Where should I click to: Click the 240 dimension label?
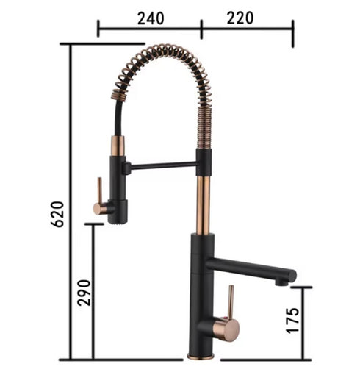(x=151, y=18)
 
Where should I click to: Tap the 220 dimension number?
(x=240, y=18)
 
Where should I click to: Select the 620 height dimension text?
(x=57, y=214)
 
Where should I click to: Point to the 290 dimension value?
(x=84, y=293)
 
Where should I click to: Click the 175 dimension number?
(x=292, y=320)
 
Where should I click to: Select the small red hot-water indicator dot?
(x=223, y=318)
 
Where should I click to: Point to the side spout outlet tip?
(x=281, y=284)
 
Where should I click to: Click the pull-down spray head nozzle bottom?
(x=118, y=222)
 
